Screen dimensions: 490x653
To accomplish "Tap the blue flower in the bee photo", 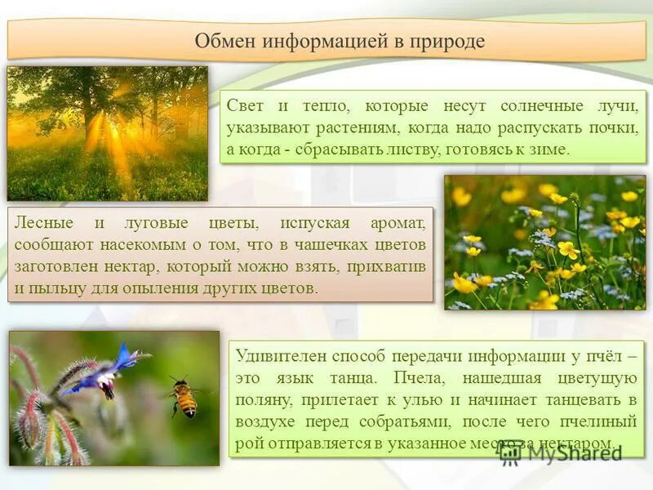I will point(114,367).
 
